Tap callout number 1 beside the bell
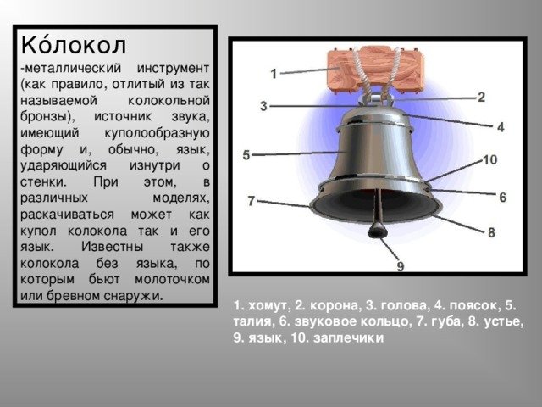pos(273,74)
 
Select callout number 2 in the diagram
pos(482,98)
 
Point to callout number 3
pos(263,106)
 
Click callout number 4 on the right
pos(501,127)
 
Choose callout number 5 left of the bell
pos(246,155)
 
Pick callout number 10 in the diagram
pos(490,160)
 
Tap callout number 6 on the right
pos(502,197)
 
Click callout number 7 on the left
pos(251,201)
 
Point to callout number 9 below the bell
pos(401,267)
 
